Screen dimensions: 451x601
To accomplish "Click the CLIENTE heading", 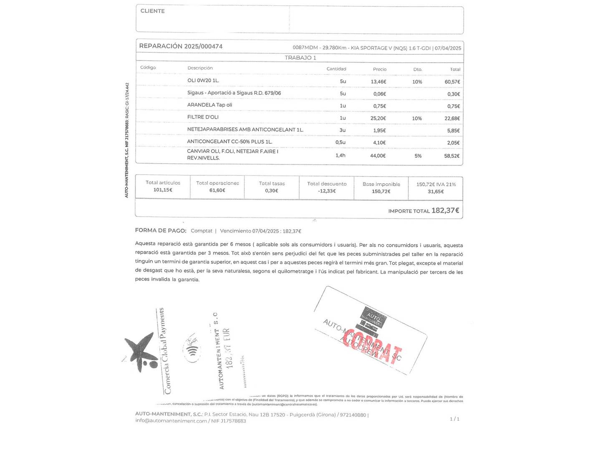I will [152, 11].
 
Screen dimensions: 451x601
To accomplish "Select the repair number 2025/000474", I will [203, 46].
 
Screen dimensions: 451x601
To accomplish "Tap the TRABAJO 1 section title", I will [300, 58].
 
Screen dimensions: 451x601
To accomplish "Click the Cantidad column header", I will [336, 69].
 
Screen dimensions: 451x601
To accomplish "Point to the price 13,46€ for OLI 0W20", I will [378, 82].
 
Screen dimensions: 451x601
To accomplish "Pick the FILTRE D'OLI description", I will [203, 117].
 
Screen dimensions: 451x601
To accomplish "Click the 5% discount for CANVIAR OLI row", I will [418, 156].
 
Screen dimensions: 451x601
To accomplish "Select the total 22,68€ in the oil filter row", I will [452, 119].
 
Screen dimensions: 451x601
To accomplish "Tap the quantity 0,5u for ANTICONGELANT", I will [340, 142].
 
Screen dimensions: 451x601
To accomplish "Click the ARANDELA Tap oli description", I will [210, 105].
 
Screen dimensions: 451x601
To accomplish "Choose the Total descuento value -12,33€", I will [327, 191].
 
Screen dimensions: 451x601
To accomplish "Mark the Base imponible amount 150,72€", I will [381, 191].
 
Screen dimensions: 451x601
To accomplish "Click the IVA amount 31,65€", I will [436, 192].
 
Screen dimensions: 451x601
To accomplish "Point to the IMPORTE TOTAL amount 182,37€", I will [445, 210].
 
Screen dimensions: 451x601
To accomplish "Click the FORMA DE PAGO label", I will [161, 231].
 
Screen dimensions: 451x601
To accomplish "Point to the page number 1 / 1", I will [455, 419].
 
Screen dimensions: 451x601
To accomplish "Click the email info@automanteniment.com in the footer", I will [171, 421].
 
